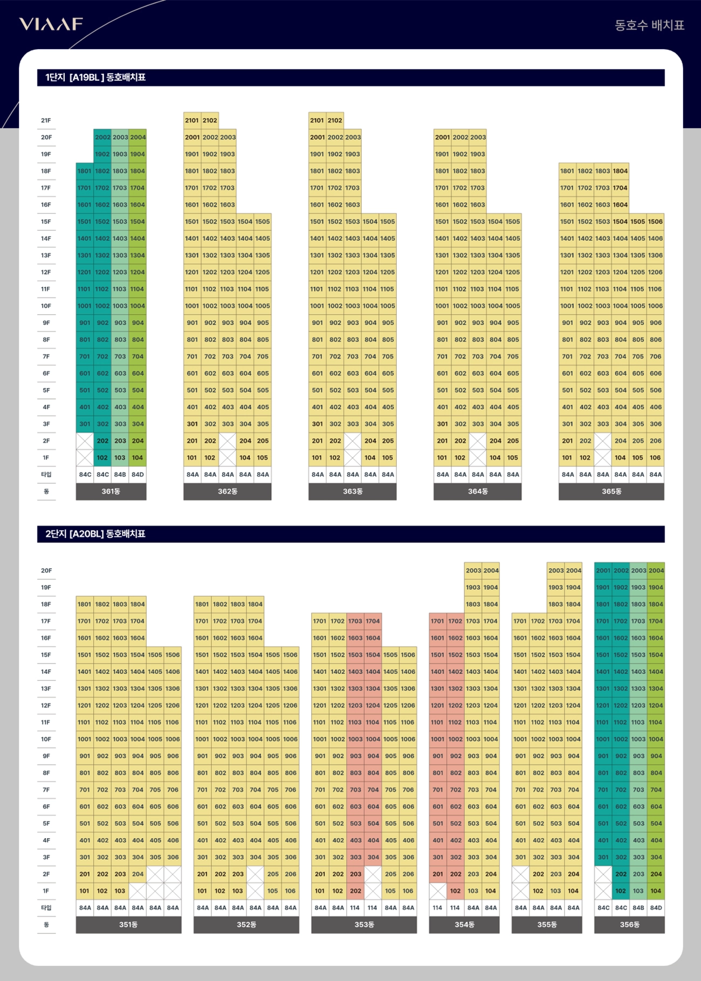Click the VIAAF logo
pyautogui.click(x=51, y=24)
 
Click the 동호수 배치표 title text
pyautogui.click(x=649, y=25)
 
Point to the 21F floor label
pyautogui.click(x=46, y=121)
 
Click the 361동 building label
pyautogui.click(x=111, y=492)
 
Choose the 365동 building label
pyautogui.click(x=611, y=492)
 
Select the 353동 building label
pyautogui.click(x=364, y=925)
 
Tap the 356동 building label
pyautogui.click(x=629, y=925)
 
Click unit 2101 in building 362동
pyautogui.click(x=192, y=121)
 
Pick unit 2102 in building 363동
pyautogui.click(x=335, y=121)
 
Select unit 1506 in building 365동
pyautogui.click(x=655, y=222)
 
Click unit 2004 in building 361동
pyautogui.click(x=138, y=137)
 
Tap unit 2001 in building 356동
pyautogui.click(x=603, y=571)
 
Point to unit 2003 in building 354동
pyautogui.click(x=473, y=571)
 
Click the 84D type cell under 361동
pyautogui.click(x=138, y=475)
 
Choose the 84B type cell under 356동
pyautogui.click(x=638, y=908)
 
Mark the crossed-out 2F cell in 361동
pyautogui.click(x=85, y=441)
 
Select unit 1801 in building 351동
pyautogui.click(x=85, y=605)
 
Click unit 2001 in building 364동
pyautogui.click(x=442, y=137)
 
